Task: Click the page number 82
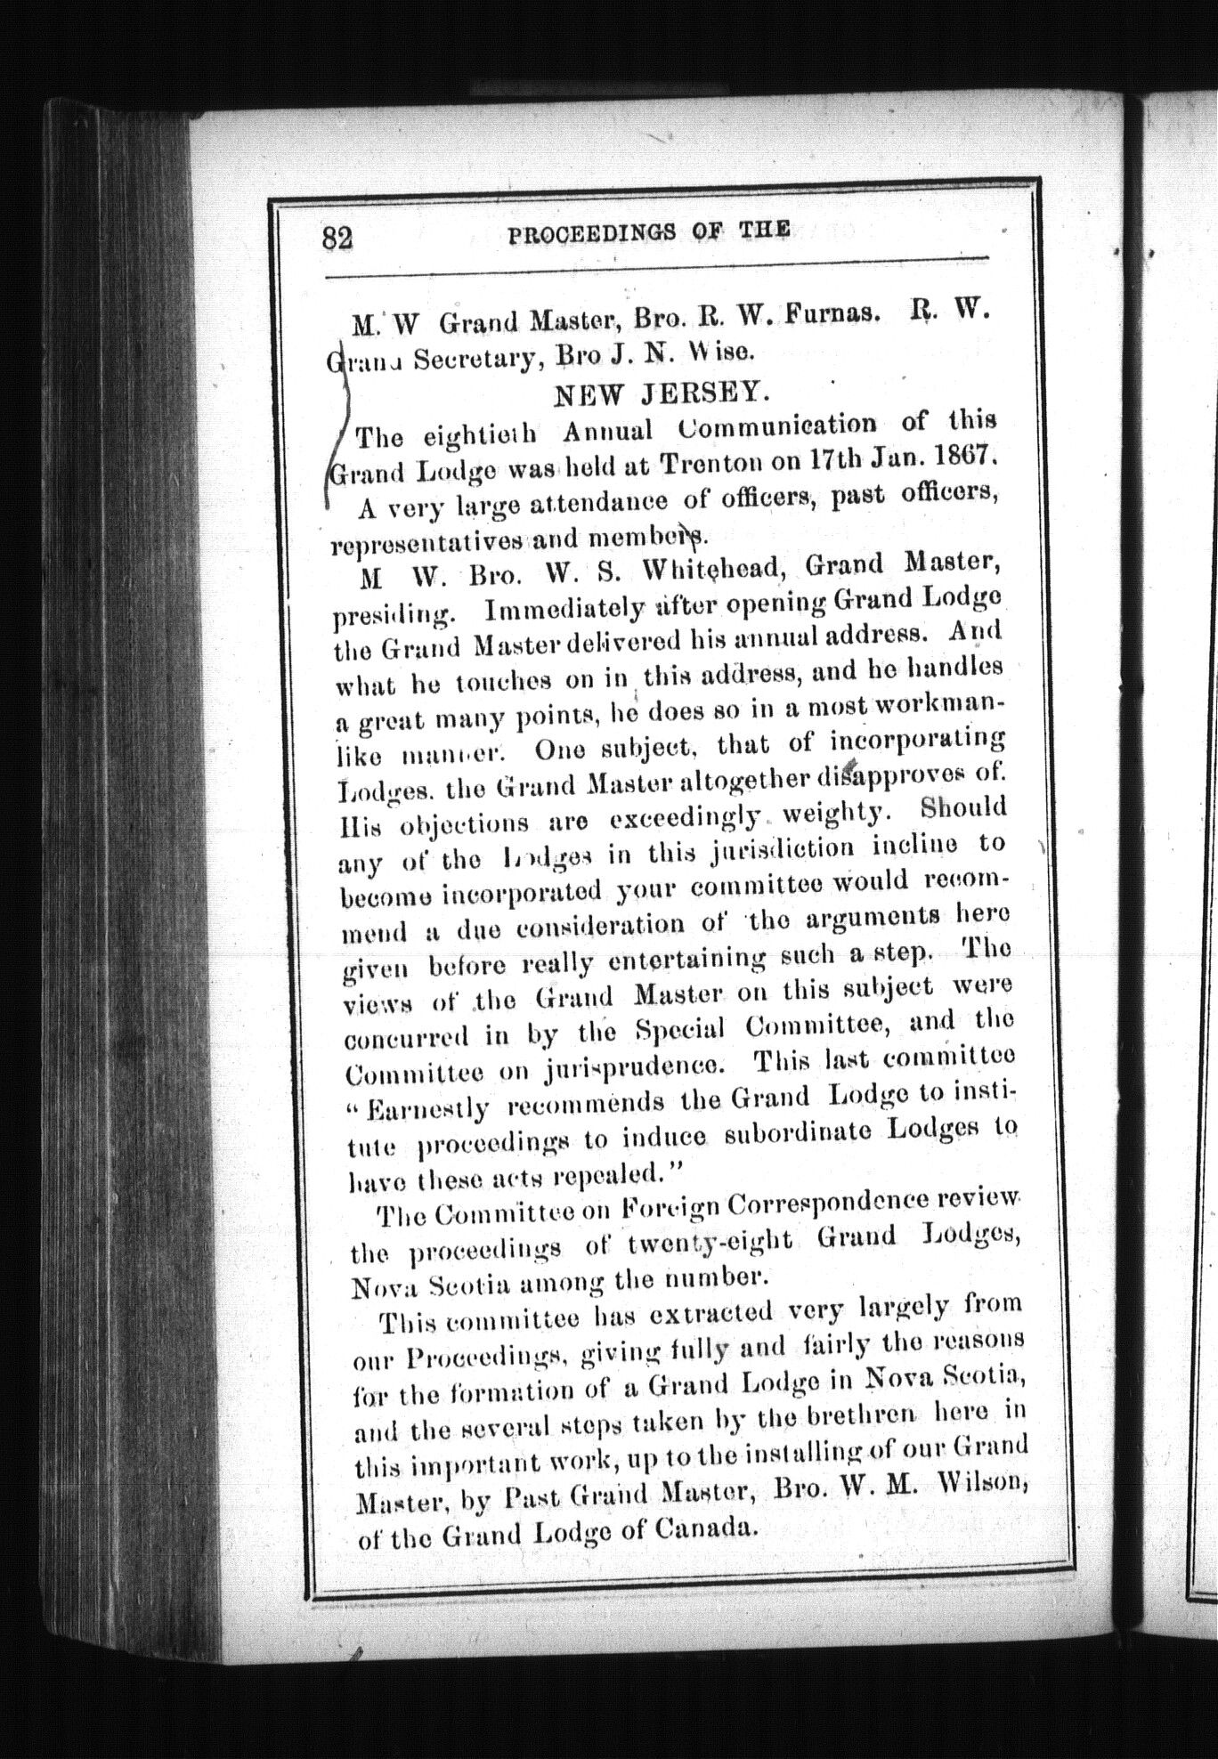pos(338,238)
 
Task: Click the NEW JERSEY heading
pos(660,393)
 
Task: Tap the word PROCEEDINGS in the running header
pos(589,232)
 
